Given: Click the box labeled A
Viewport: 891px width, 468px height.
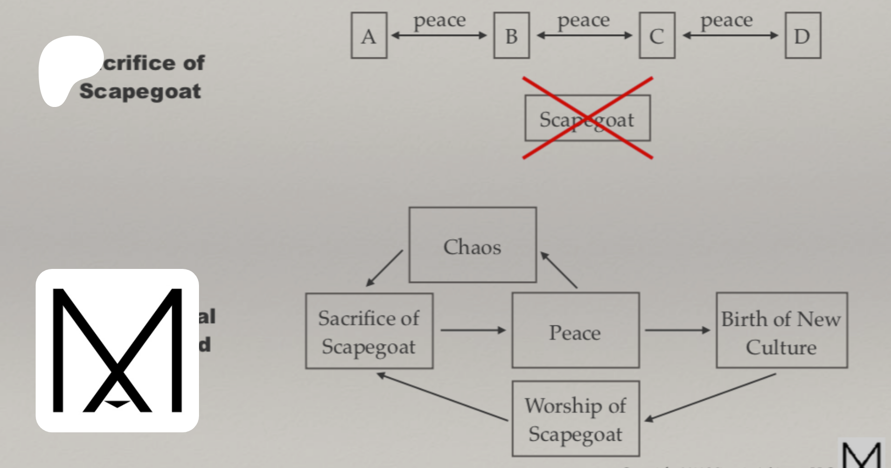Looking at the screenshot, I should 369,36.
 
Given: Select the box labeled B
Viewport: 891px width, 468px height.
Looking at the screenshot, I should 511,36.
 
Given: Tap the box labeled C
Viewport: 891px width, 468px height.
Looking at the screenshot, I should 657,36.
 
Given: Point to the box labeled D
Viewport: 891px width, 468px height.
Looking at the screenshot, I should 802,36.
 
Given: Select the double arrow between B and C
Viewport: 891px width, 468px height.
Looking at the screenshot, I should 585,36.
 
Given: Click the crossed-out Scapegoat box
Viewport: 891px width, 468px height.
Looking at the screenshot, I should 588,118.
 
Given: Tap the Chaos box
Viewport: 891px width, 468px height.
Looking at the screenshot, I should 472,245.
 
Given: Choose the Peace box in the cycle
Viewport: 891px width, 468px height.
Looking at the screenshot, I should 575,330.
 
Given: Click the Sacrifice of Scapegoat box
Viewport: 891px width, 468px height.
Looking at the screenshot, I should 369,331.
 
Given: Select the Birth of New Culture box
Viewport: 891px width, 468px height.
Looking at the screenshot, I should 782,330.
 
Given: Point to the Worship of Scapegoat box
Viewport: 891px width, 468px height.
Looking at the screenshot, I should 575,418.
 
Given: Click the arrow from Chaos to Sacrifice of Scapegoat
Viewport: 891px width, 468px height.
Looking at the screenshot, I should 384,268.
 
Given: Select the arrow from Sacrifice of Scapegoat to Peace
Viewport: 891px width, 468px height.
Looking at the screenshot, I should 473,330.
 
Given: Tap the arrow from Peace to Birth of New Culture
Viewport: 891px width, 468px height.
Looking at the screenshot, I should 677,330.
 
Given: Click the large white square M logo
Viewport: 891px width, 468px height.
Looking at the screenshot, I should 117,351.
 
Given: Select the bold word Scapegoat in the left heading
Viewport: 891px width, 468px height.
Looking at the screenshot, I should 140,92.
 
